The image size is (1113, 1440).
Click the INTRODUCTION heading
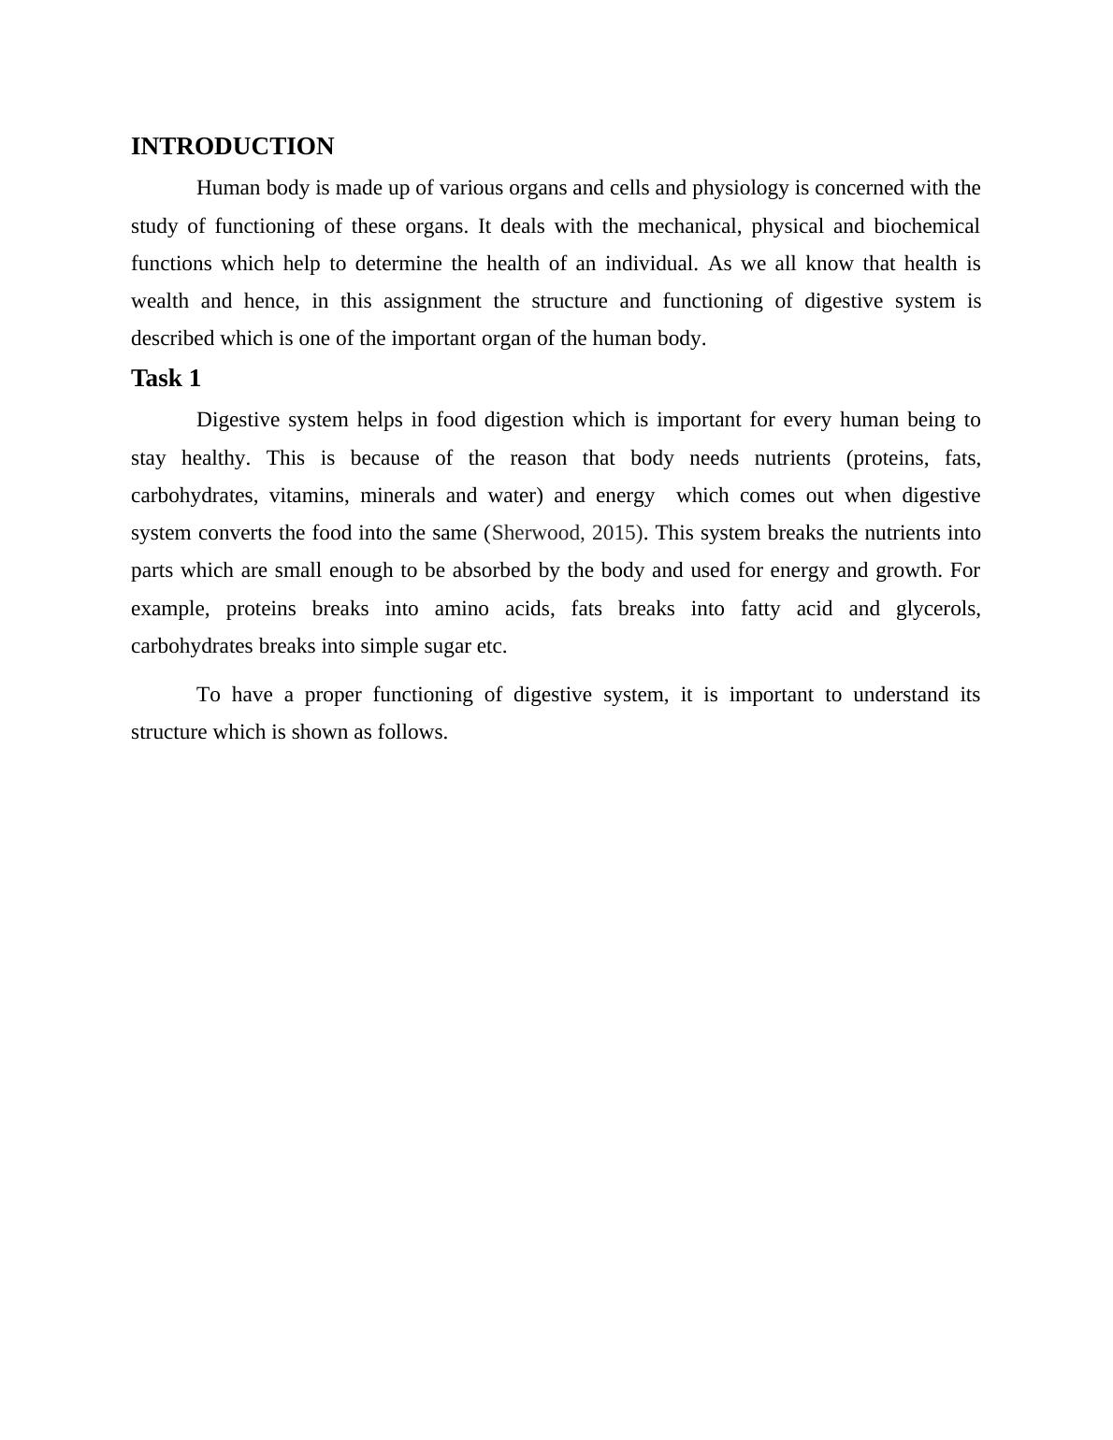(232, 147)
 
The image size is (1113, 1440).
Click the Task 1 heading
(166, 379)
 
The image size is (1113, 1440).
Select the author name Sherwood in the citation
(536, 533)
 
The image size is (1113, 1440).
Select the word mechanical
(689, 226)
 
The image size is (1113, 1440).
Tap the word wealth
(160, 301)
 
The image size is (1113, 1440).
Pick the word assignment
(432, 301)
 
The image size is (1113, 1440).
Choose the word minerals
(397, 496)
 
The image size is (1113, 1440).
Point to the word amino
(461, 609)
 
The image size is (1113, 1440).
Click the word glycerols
(937, 609)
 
